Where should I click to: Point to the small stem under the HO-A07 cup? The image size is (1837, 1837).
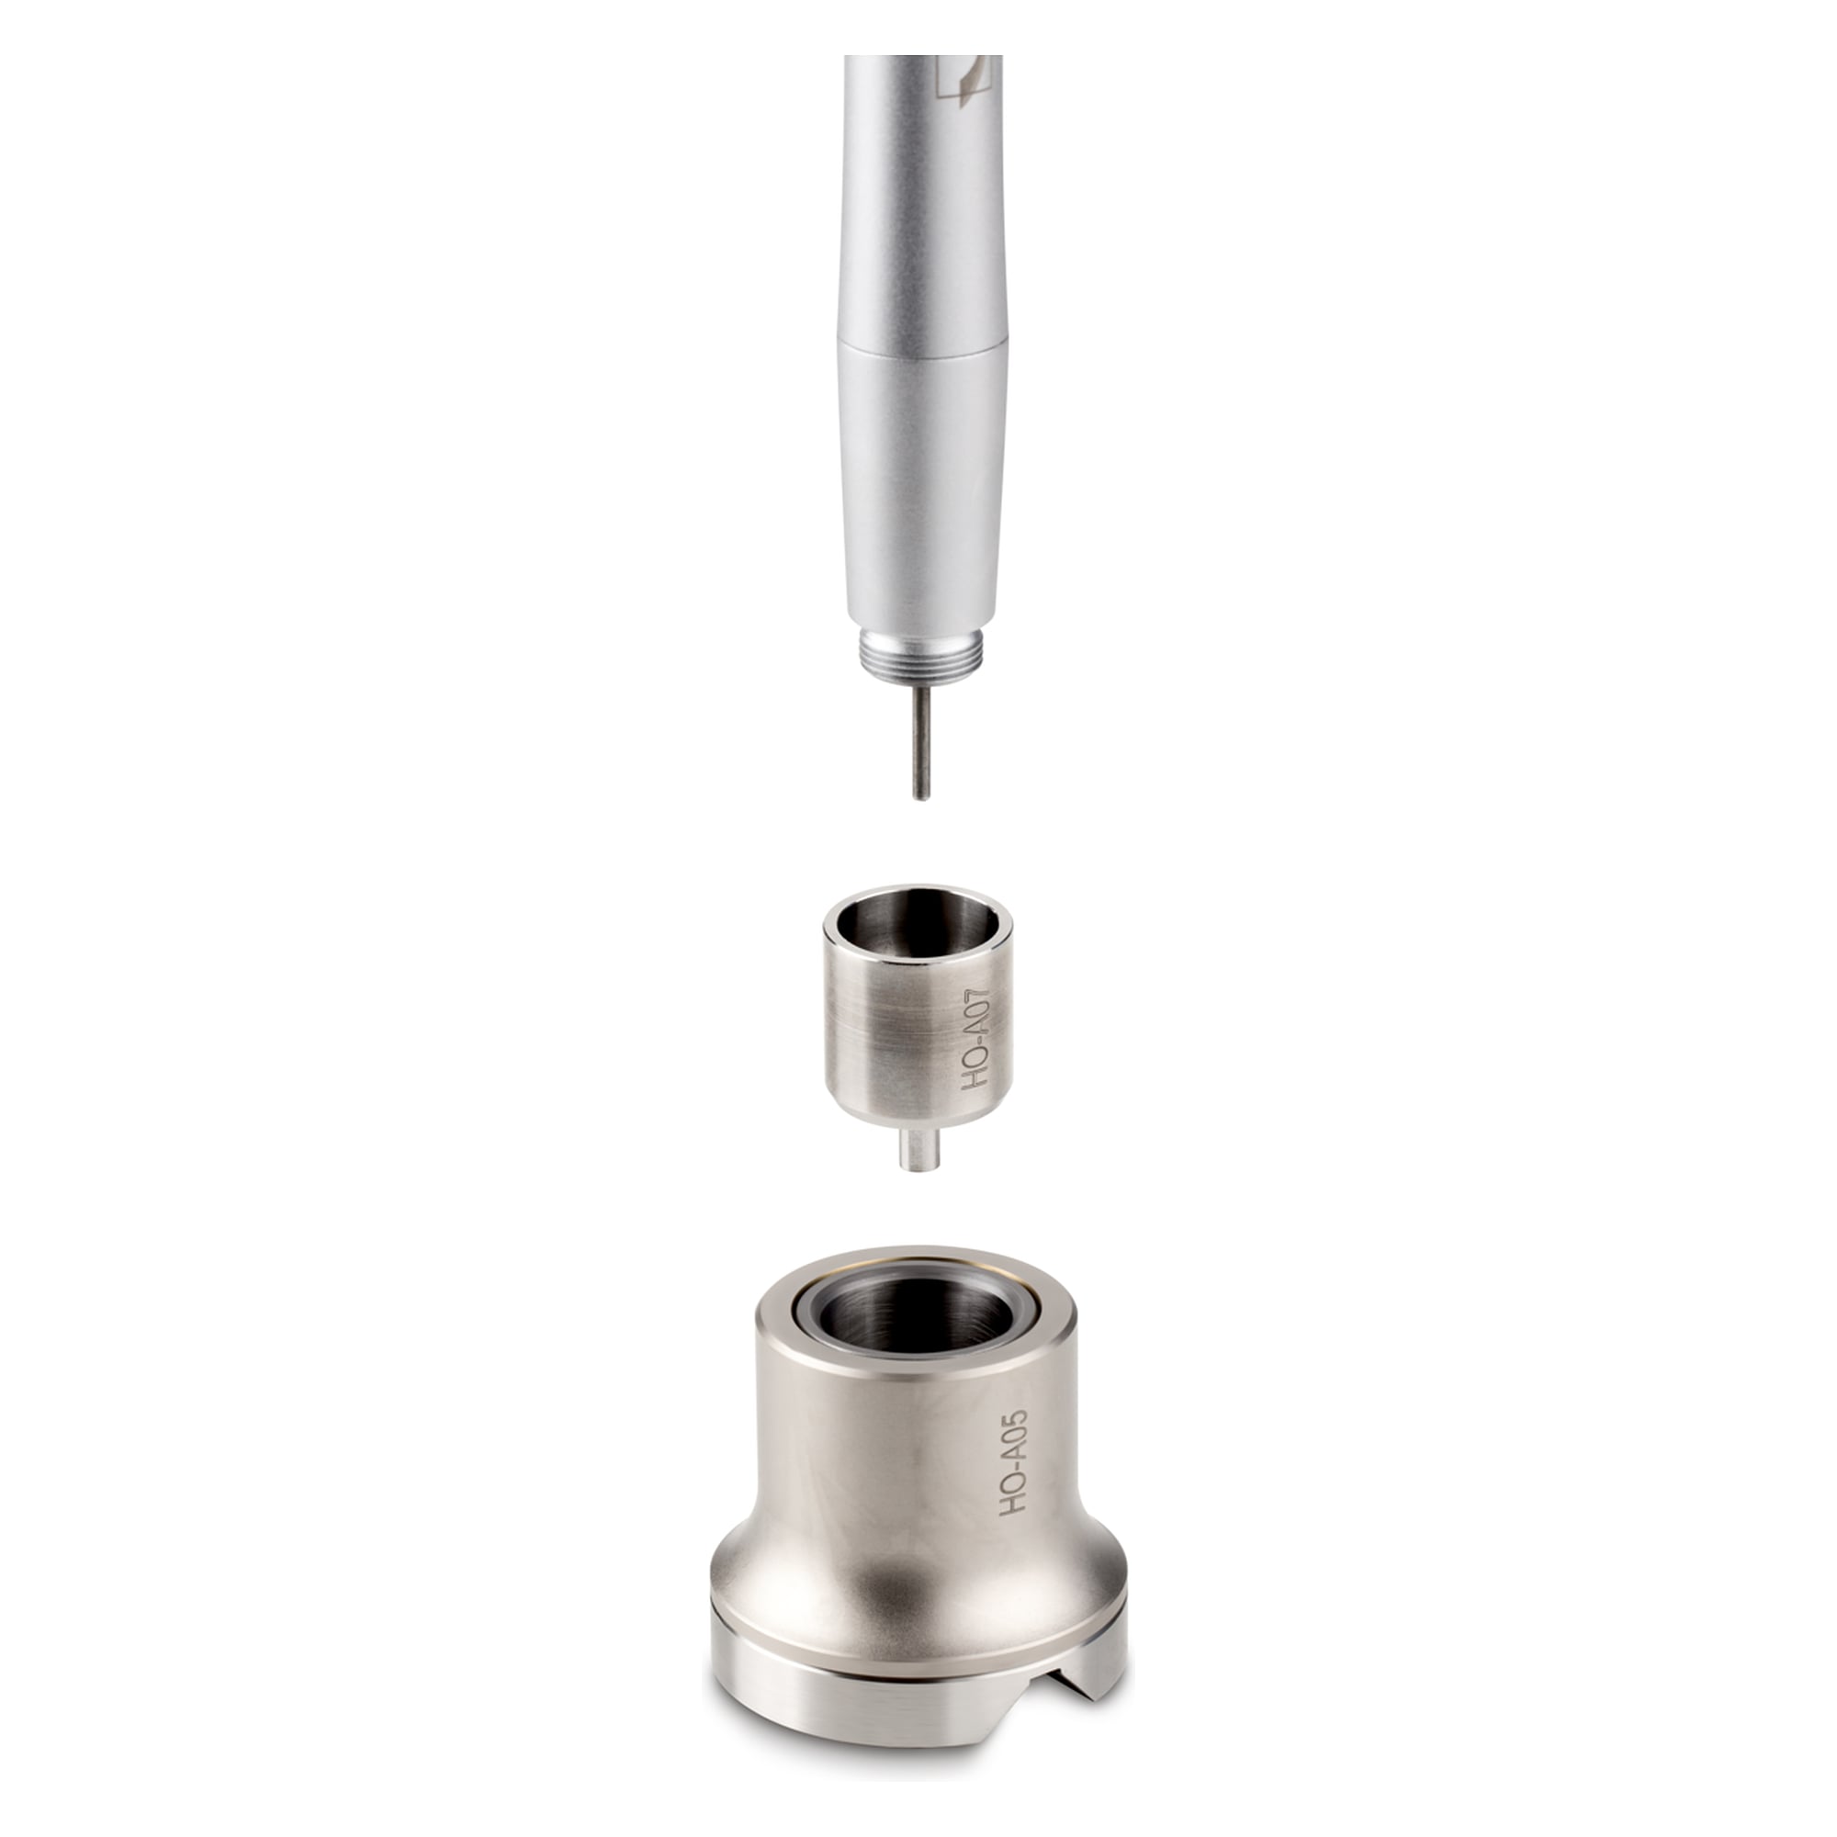point(918,1150)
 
